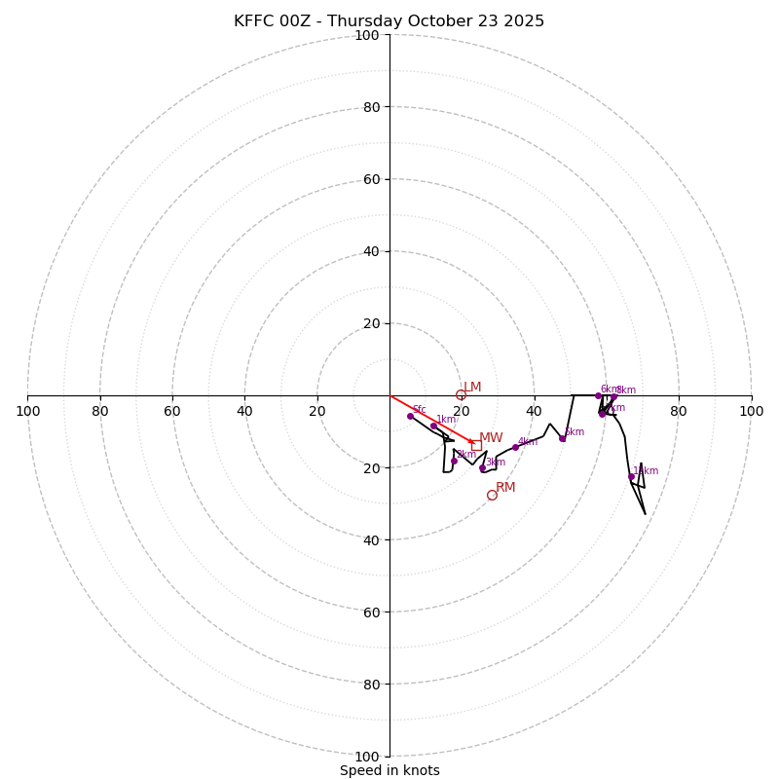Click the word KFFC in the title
click(x=255, y=21)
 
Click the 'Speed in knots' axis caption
click(x=389, y=770)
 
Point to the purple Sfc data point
click(x=410, y=416)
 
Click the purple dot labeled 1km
click(x=433, y=426)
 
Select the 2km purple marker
click(x=454, y=461)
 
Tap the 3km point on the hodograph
click(x=482, y=467)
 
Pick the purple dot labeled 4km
click(x=515, y=447)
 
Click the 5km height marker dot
click(x=562, y=438)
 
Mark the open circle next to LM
click(x=461, y=394)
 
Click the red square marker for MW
click(x=476, y=445)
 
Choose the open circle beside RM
click(x=492, y=495)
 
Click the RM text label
click(x=505, y=487)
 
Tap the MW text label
click(x=491, y=437)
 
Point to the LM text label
click(x=472, y=387)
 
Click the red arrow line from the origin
click(x=428, y=418)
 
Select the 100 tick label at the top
click(x=366, y=35)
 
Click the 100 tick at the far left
click(x=27, y=411)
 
